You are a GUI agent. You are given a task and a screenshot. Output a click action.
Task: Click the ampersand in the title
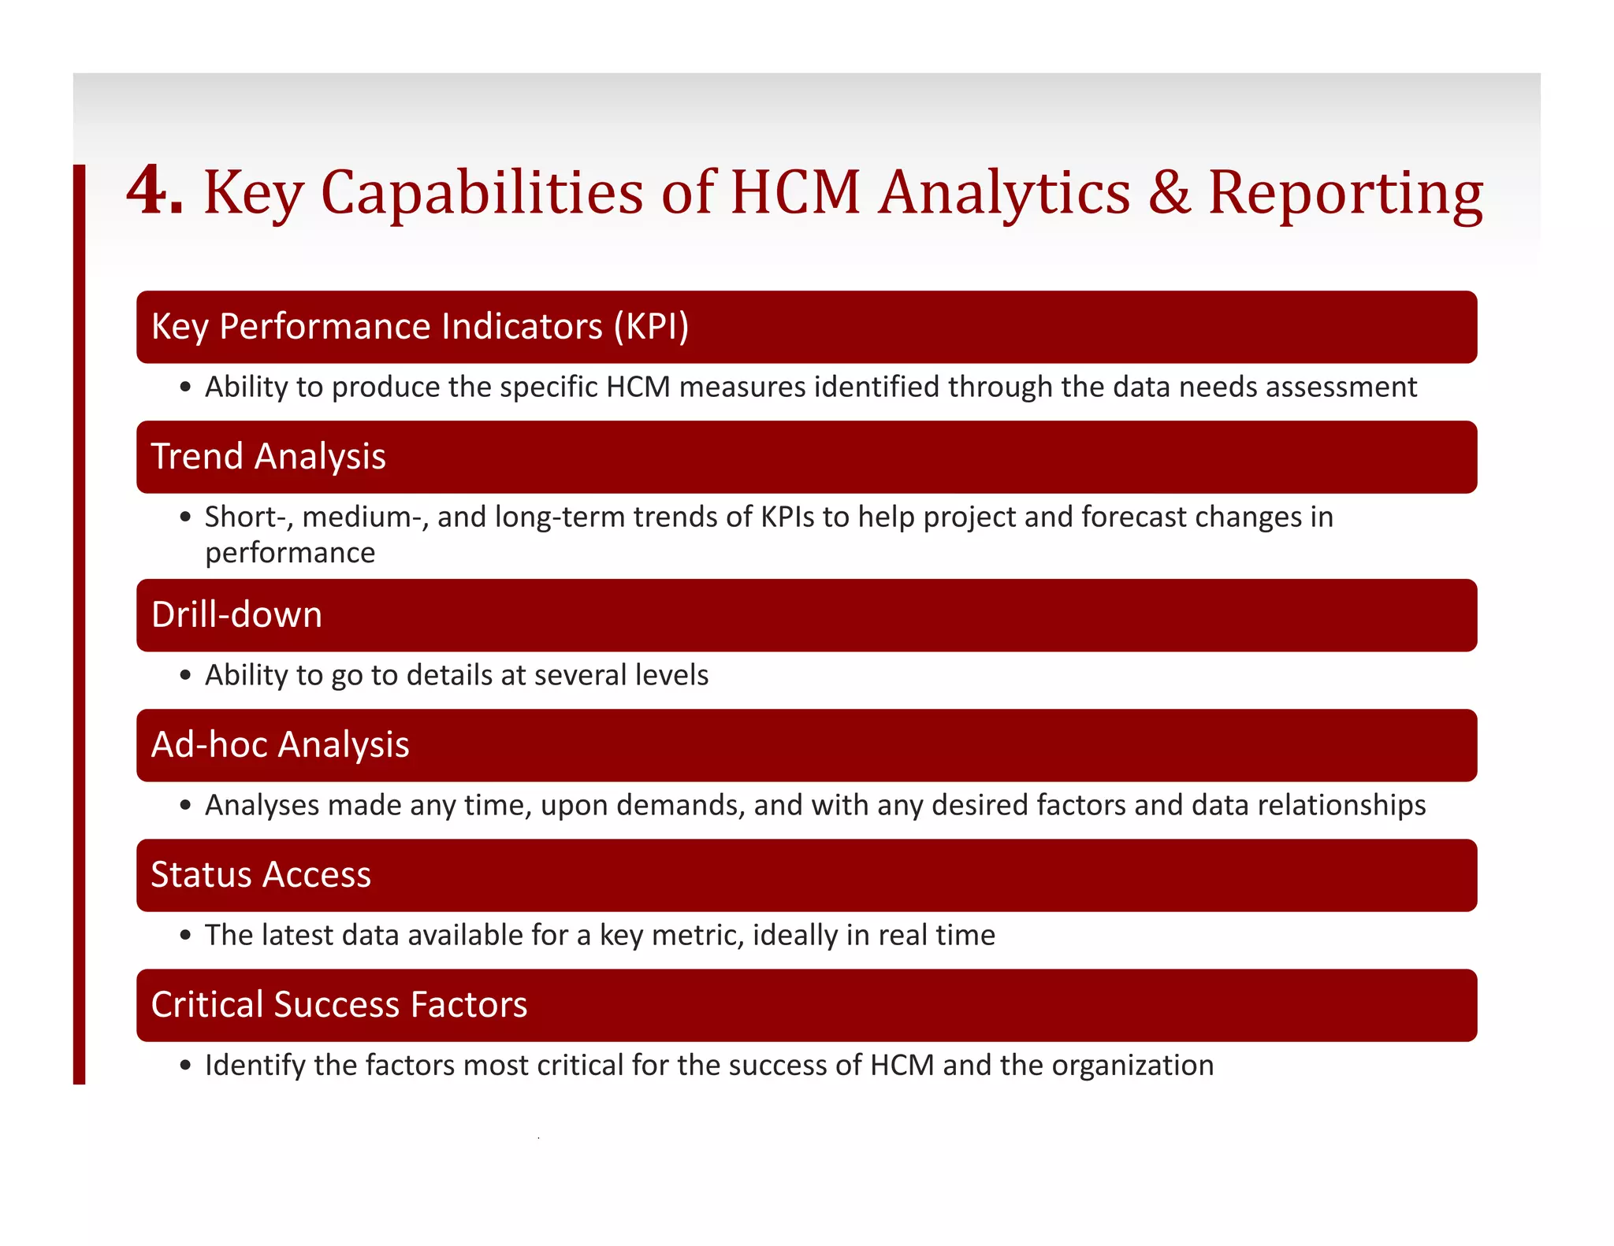1169,191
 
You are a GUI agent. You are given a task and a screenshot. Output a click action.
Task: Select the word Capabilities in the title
482,193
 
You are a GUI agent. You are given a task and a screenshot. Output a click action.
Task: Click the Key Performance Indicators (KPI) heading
419,327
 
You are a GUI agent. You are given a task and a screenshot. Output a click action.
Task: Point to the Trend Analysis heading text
268,457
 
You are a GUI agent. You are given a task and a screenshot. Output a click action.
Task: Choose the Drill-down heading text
236,615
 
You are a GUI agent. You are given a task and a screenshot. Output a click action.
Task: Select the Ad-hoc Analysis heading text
280,745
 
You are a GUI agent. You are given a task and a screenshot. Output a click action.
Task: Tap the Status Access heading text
261,875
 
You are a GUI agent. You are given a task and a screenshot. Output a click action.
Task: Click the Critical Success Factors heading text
339,1005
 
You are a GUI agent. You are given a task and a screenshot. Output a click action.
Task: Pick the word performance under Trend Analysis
290,553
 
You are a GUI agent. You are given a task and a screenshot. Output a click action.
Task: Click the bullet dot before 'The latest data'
185,936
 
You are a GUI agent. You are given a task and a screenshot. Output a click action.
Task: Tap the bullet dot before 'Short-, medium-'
185,517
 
